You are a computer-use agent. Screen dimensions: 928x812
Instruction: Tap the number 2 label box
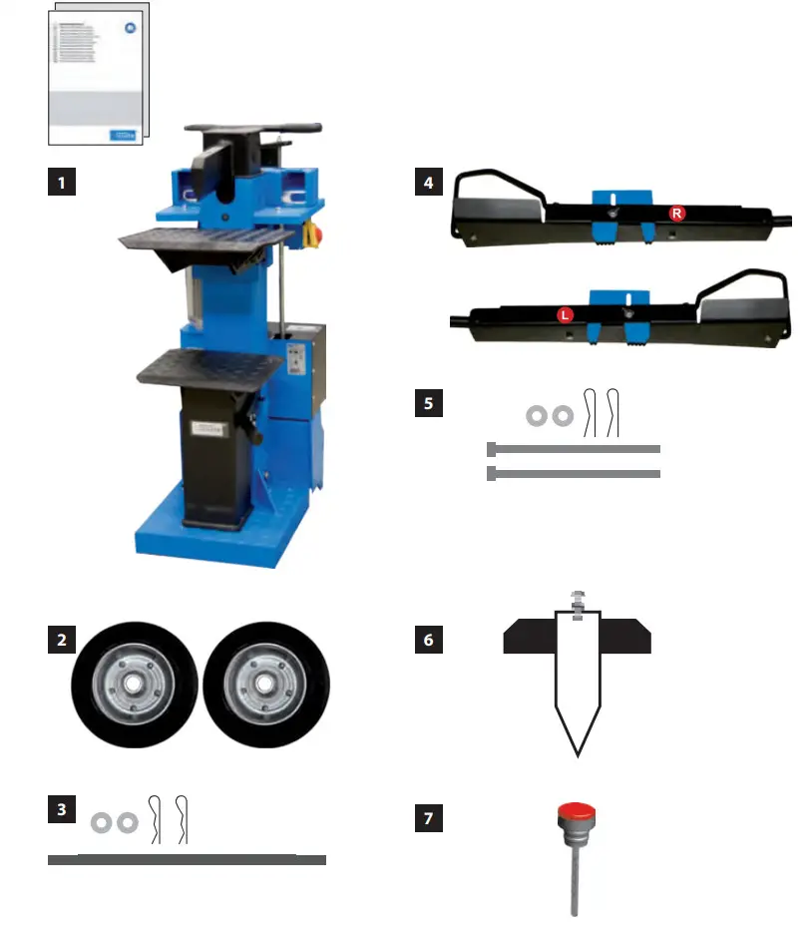pos(62,640)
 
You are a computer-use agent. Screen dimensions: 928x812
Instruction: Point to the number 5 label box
pos(428,403)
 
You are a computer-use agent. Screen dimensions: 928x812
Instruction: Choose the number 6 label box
pos(428,640)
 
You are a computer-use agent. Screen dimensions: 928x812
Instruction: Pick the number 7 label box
pos(428,819)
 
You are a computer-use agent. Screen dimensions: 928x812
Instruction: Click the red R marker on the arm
pos(676,214)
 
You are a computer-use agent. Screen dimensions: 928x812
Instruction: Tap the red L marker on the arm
pos(565,315)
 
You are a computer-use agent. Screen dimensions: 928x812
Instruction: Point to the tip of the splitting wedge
pos(577,750)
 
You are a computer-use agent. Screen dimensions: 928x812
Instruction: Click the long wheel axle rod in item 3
pos(187,859)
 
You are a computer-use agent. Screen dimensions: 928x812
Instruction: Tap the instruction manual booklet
pos(96,72)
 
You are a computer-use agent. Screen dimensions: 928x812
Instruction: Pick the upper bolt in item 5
pos(574,449)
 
